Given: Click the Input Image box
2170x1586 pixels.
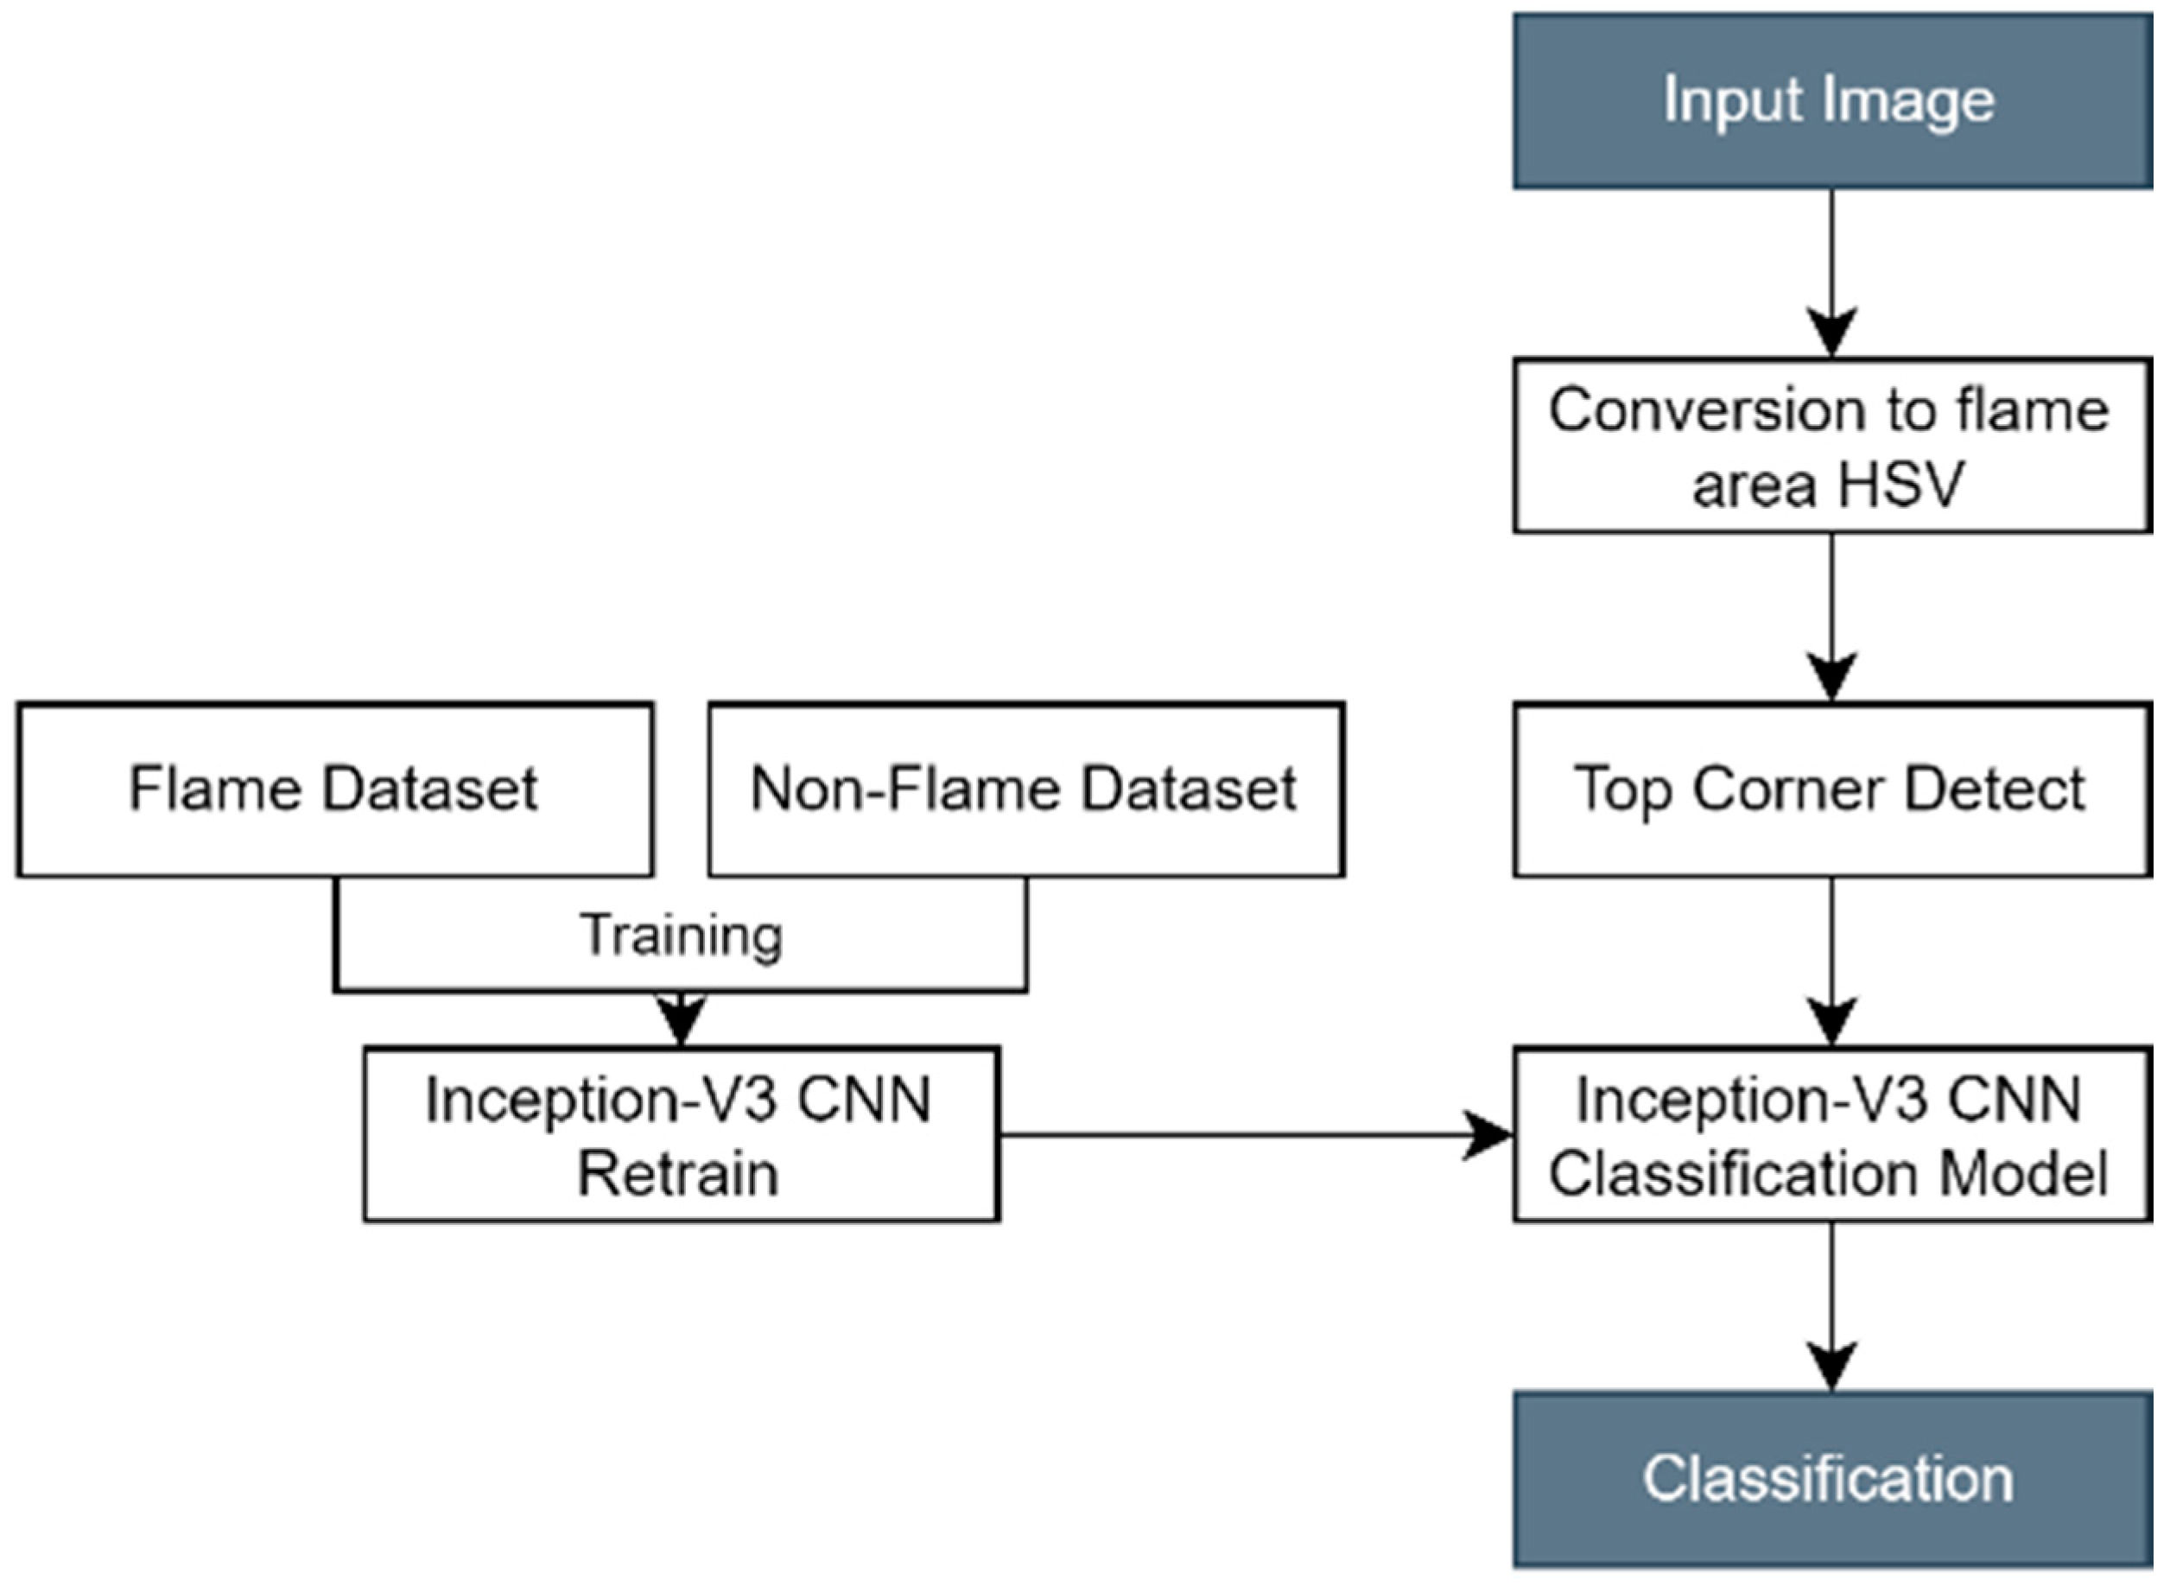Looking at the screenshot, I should click(1831, 101).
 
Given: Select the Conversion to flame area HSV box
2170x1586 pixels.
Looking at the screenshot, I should click(1831, 446).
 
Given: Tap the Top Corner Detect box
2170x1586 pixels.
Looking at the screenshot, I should click(1831, 790).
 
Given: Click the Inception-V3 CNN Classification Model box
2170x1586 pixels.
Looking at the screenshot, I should click(1831, 1135).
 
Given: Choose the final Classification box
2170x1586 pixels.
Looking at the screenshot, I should click(1831, 1479).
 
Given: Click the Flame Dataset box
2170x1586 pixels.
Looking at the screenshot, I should click(335, 790).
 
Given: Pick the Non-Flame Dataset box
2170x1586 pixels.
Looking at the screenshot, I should click(1025, 790).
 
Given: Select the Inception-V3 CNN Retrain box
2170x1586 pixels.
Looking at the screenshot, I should click(681, 1135).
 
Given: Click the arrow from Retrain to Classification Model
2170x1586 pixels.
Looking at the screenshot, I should click(1248, 1135).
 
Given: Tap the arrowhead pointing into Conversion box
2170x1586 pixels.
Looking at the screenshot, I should click(1831, 331).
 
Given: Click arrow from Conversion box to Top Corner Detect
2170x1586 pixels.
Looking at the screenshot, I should click(1831, 614).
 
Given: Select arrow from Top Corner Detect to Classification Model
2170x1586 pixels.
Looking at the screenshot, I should click(1831, 960).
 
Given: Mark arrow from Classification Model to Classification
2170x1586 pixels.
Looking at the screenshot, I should click(1831, 1305).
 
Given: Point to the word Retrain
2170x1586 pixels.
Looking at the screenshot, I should click(678, 1173).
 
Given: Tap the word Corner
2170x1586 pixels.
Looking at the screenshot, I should click(1787, 790).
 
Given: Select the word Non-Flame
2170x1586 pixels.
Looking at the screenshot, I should click(905, 790).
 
